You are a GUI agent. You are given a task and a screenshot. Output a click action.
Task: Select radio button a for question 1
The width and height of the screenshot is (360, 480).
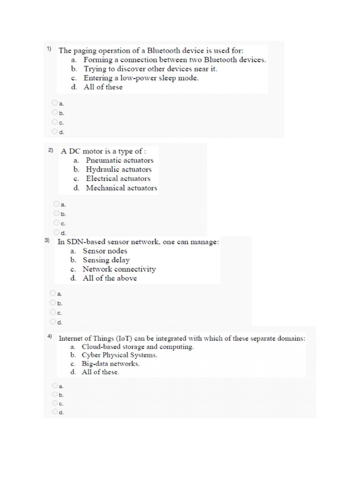click(x=55, y=103)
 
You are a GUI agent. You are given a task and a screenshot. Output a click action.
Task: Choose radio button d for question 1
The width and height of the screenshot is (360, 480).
click(x=55, y=131)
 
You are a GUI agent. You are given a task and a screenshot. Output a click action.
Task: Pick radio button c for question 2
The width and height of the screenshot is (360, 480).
click(x=57, y=223)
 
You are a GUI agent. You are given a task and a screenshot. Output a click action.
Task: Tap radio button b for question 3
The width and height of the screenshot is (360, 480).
click(x=53, y=302)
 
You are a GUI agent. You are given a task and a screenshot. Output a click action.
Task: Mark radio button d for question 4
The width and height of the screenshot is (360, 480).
click(x=55, y=412)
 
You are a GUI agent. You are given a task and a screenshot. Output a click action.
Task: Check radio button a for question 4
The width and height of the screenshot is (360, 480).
click(x=55, y=385)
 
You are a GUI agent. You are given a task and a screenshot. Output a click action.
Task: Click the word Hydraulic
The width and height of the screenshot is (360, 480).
click(x=103, y=169)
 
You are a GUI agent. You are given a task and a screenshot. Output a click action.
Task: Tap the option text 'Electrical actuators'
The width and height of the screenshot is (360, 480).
click(x=118, y=179)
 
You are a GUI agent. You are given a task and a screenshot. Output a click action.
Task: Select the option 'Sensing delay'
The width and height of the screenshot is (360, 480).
click(x=106, y=260)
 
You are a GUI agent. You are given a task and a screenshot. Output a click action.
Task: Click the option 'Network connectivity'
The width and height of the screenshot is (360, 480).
click(x=119, y=269)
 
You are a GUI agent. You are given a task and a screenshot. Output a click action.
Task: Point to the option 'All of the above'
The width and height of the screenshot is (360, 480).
click(x=110, y=278)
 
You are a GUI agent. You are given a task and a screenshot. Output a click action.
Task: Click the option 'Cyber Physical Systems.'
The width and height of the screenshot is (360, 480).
click(x=120, y=355)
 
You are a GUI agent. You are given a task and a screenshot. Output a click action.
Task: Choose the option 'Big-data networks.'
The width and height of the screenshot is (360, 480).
click(x=111, y=363)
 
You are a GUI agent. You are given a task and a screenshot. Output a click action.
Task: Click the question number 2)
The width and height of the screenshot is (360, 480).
click(x=51, y=151)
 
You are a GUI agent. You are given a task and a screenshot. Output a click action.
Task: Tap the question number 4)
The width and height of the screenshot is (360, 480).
click(x=49, y=337)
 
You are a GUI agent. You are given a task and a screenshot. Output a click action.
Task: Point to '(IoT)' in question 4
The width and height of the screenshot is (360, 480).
click(x=125, y=338)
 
